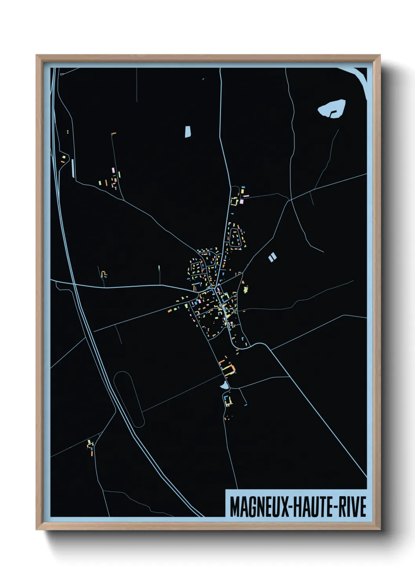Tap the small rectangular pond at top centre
coord(187,131)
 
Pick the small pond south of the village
coord(224,386)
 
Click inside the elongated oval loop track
coord(129,398)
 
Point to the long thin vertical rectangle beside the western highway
coord(73,168)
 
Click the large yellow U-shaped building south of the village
coord(228,368)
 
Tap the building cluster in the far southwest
coord(91,447)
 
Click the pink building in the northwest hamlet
coord(113,170)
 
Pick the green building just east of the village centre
coord(246,290)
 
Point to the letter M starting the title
coord(235,507)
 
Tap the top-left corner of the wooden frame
coord(37,56)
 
